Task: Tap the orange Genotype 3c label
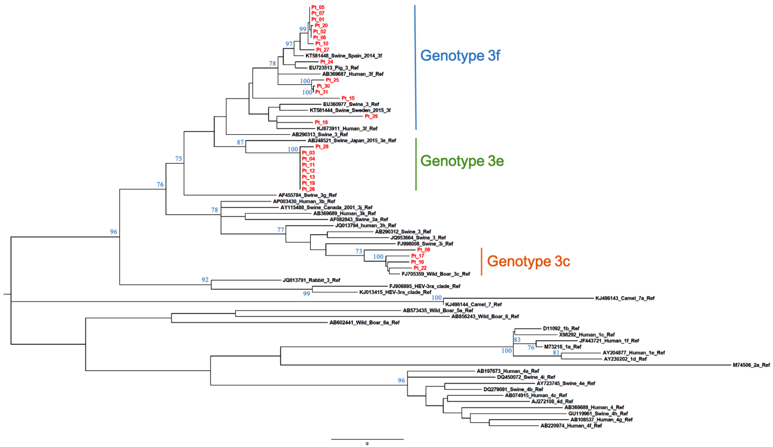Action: coord(528,261)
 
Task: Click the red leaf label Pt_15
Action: coord(348,98)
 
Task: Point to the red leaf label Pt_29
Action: coord(371,116)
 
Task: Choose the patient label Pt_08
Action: coord(423,250)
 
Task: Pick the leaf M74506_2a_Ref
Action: coord(751,365)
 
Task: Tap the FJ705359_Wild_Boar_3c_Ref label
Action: coord(436,274)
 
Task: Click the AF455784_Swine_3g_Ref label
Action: coord(307,195)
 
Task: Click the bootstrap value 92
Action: coord(205,280)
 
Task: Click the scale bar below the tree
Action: coord(367,439)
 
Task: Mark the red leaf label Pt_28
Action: coord(322,147)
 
